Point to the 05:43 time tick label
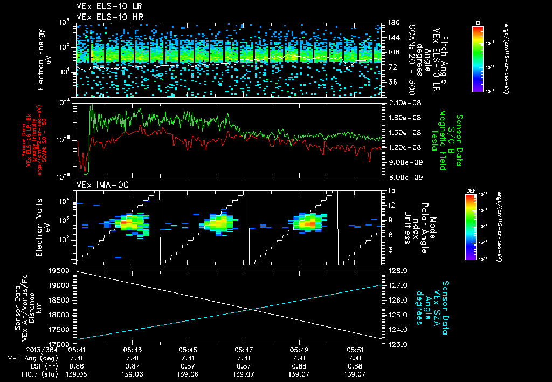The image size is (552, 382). click(132, 350)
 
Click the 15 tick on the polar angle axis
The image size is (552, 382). click(390, 190)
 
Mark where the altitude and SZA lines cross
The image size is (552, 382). click(250, 309)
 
